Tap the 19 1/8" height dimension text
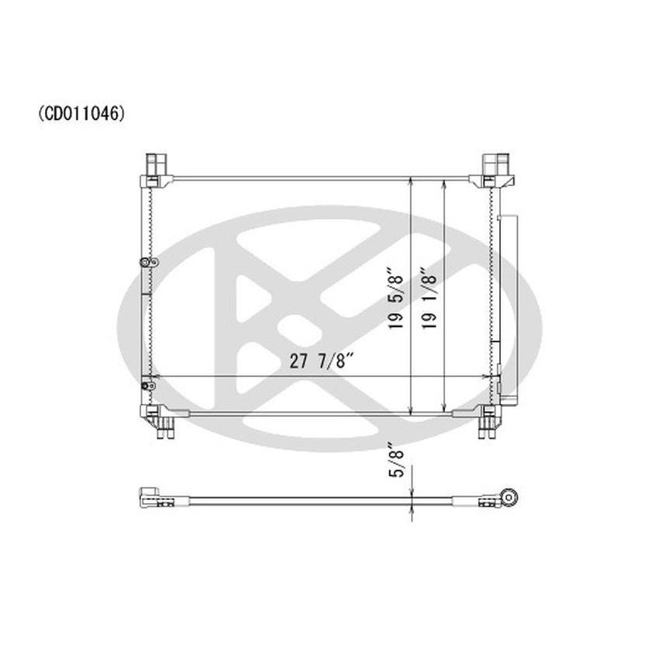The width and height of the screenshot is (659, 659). pyautogui.click(x=431, y=301)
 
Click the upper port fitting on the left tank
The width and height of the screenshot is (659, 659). pyautogui.click(x=144, y=264)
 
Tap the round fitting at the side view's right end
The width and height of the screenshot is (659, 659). pyautogui.click(x=509, y=495)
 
